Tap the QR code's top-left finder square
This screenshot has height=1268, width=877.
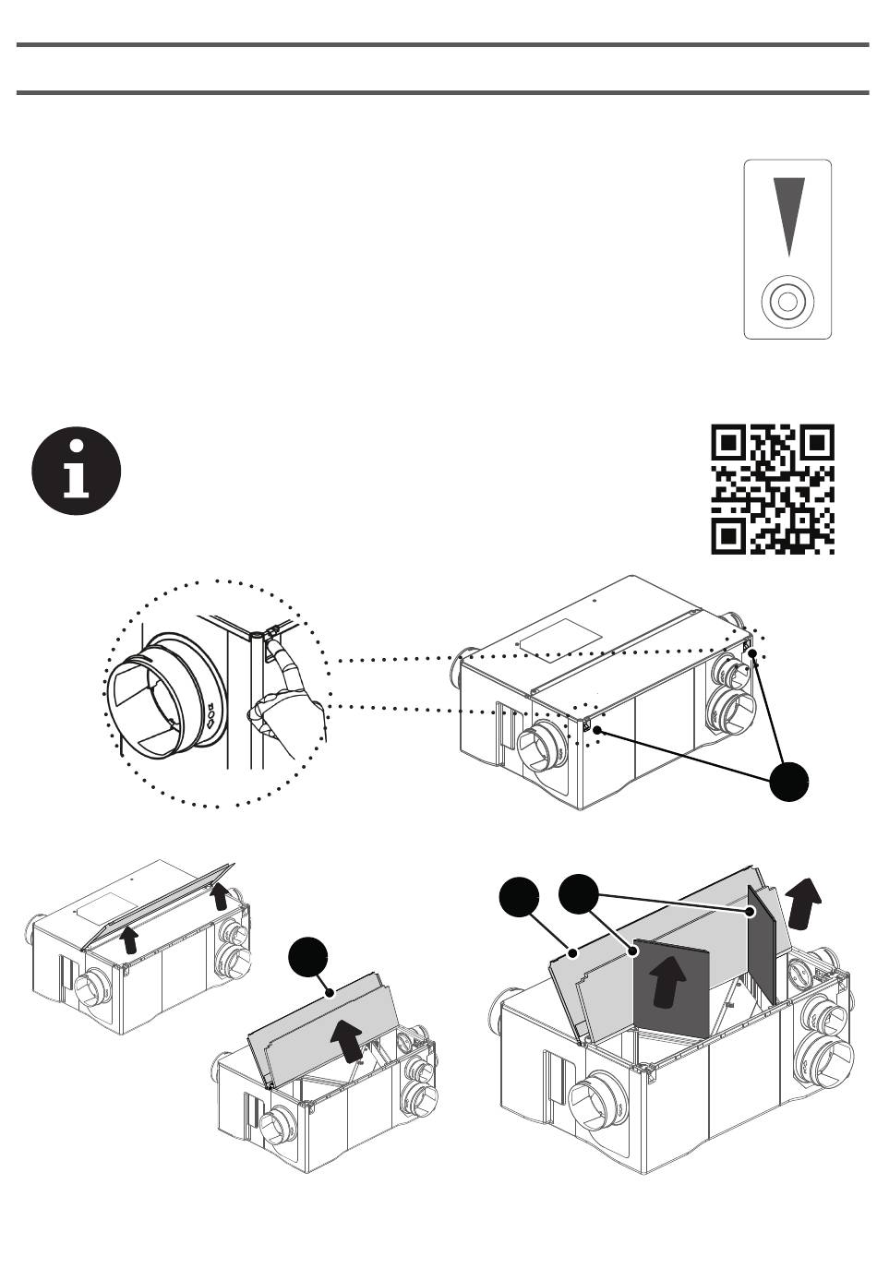click(729, 444)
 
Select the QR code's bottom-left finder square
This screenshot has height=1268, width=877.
click(729, 535)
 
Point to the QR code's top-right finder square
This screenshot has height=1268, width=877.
click(817, 444)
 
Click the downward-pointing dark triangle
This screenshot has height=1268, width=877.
click(788, 214)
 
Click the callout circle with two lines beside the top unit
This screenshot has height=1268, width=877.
click(792, 783)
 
